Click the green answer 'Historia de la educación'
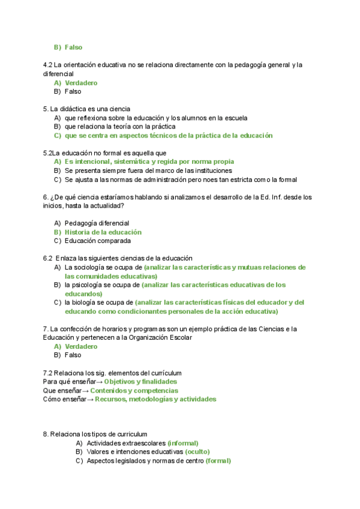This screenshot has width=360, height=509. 103,232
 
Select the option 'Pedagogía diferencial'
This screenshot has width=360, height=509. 97,223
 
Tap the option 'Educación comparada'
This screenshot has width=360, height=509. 97,241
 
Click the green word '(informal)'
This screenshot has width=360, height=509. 182,442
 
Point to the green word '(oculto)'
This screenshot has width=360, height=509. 197,451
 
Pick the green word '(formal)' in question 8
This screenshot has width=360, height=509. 218,460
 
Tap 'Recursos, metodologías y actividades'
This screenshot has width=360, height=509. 155,399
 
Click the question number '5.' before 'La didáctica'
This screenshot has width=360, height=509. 46,109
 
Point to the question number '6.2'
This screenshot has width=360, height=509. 48,258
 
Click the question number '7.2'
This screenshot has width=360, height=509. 48,373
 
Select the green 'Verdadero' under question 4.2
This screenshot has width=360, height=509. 81,83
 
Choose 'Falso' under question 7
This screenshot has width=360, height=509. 73,355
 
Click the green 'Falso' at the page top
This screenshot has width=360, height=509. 73,47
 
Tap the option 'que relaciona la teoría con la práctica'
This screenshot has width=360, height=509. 119,127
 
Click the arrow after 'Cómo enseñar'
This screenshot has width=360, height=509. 91,399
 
